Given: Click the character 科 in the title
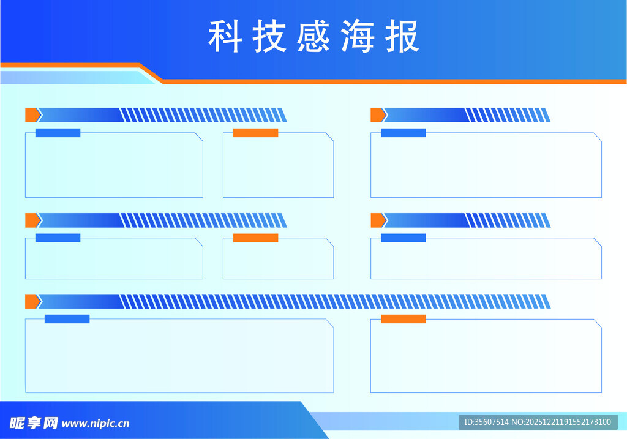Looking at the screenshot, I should (x=225, y=36).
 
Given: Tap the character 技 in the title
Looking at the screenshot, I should (x=269, y=36).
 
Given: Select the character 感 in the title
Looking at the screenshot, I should (x=313, y=36).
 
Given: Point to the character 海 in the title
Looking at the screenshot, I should (x=358, y=36).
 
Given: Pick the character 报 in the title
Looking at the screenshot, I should (x=402, y=36).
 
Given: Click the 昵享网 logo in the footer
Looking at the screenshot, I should (x=34, y=423).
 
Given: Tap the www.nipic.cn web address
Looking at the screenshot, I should (x=96, y=423).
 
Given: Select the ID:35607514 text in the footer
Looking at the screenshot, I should (x=487, y=422).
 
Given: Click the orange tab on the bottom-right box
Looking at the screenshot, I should (x=403, y=319).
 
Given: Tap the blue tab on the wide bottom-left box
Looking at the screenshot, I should (x=67, y=319).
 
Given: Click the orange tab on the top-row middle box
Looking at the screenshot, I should (x=255, y=133).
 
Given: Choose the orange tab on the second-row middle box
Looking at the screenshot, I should (x=255, y=238).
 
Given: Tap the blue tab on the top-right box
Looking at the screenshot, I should (x=403, y=133).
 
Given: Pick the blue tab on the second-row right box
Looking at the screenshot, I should (x=403, y=238).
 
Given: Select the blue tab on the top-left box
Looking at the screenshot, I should (x=58, y=133).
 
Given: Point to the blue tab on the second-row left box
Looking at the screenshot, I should (x=58, y=238).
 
